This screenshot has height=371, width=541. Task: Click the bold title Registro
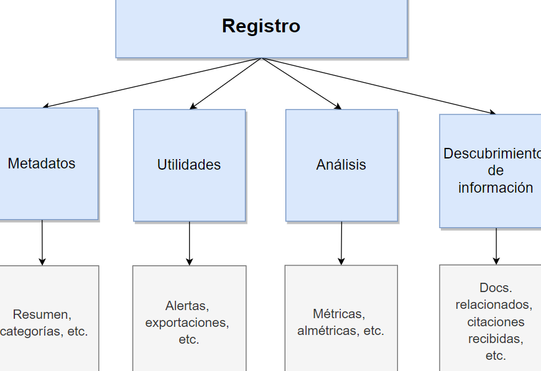coord(261,26)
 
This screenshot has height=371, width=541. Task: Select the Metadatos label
coord(42,163)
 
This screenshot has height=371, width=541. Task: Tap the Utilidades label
coord(189,165)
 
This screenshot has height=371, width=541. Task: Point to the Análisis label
coord(341,165)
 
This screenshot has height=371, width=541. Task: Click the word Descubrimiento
coord(491,153)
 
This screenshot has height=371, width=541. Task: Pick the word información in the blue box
coord(496,188)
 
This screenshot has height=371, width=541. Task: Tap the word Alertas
coord(187,306)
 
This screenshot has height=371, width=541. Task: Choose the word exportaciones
coord(187,323)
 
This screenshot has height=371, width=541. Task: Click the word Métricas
coord(338,314)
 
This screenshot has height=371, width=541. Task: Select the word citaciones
coord(496,322)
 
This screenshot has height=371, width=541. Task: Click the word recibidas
coord(496,339)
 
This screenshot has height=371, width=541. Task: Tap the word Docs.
coord(496,288)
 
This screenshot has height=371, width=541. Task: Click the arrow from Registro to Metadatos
coord(152,83)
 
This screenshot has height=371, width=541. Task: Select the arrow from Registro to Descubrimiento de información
coord(379,86)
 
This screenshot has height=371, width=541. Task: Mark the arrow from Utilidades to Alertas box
coord(190,243)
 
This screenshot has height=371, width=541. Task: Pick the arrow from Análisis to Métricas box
coord(341,243)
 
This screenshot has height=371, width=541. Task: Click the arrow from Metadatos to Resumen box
coord(42,242)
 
